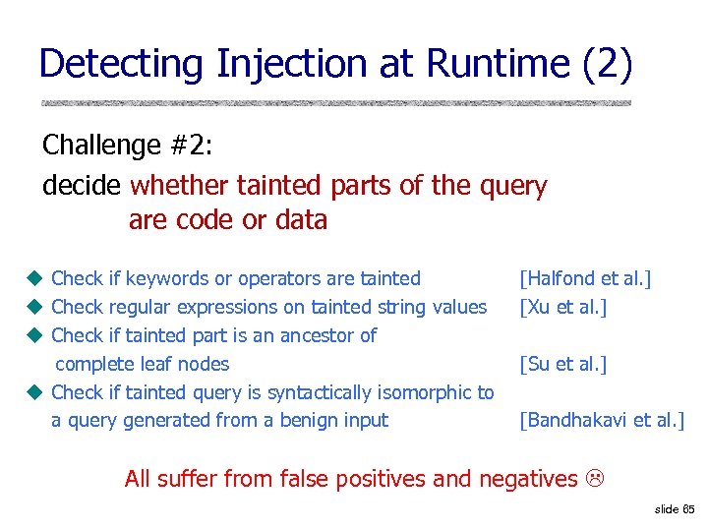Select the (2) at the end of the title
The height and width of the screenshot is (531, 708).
pos(608,65)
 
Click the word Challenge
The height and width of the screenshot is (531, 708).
pos(101,146)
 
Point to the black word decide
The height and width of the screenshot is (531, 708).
pos(82,185)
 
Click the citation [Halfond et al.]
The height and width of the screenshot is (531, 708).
pos(585,279)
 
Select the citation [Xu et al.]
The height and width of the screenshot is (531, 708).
pos(562,308)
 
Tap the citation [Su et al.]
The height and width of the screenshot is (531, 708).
pos(562,365)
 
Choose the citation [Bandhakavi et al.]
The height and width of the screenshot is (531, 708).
pos(602,421)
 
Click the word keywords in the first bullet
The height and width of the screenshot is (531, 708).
pos(166,279)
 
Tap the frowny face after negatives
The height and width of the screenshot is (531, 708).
pos(594,479)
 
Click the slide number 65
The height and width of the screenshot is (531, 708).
pos(687,509)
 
